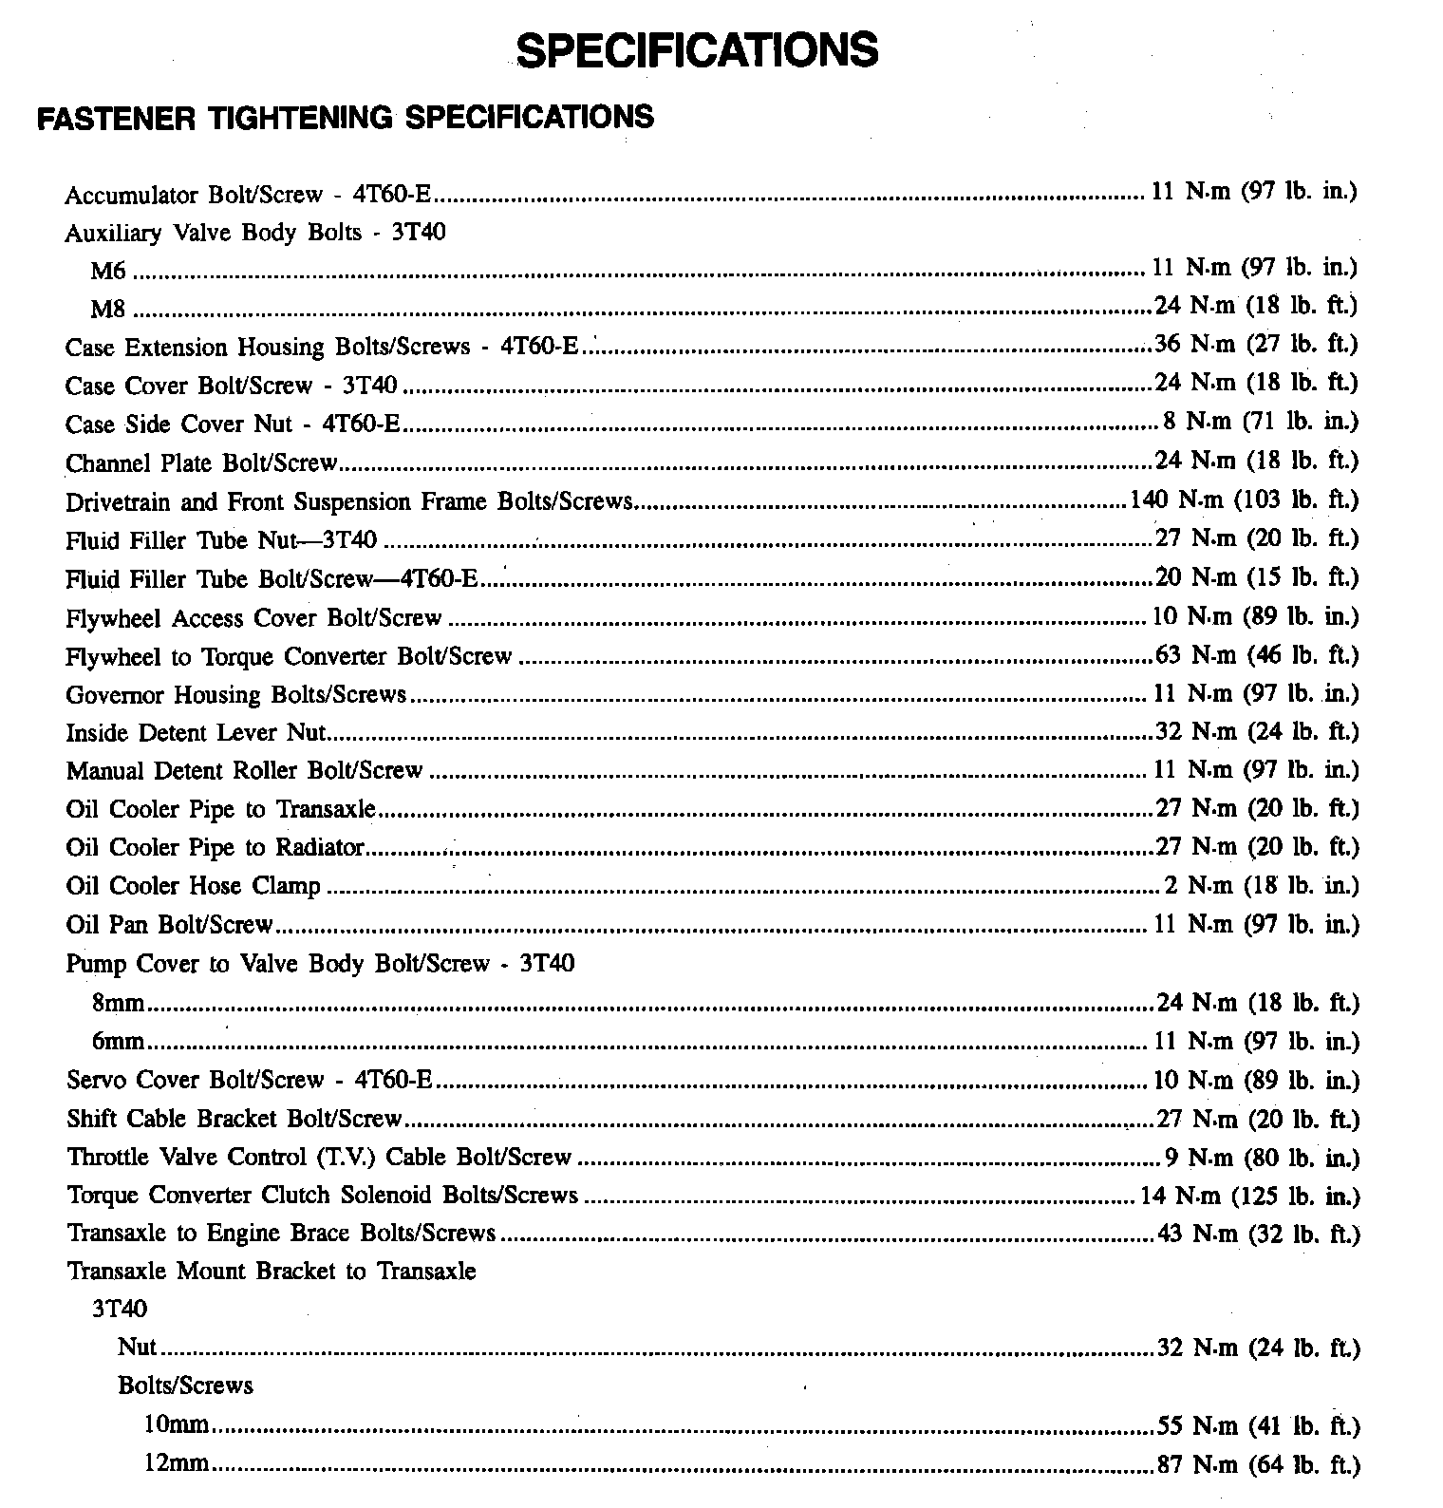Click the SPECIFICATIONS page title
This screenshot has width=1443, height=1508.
(698, 49)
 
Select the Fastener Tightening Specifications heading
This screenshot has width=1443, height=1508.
(345, 118)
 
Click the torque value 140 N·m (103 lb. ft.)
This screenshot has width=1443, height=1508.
(1244, 500)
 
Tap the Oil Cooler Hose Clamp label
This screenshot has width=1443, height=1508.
(194, 886)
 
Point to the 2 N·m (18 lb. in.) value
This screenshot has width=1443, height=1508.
(1262, 886)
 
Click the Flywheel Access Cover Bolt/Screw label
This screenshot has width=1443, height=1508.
(253, 618)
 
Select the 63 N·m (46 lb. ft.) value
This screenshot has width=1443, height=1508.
(1257, 655)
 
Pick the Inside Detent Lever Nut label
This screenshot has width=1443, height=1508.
(196, 733)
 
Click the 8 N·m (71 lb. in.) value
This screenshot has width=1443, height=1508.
(1261, 422)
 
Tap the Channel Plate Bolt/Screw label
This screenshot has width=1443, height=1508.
(201, 463)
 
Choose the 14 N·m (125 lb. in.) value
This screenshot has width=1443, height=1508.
(1249, 1196)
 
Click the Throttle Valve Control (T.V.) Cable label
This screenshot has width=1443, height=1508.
(319, 1158)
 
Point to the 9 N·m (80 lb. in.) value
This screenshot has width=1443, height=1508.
(1262, 1158)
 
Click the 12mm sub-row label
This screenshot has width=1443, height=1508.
(176, 1463)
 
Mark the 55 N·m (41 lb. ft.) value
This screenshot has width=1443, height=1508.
(1259, 1426)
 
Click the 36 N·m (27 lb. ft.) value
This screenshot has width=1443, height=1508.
(1256, 345)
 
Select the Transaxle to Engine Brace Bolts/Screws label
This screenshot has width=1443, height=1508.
(281, 1234)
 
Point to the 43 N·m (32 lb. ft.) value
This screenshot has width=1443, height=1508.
(1259, 1235)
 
